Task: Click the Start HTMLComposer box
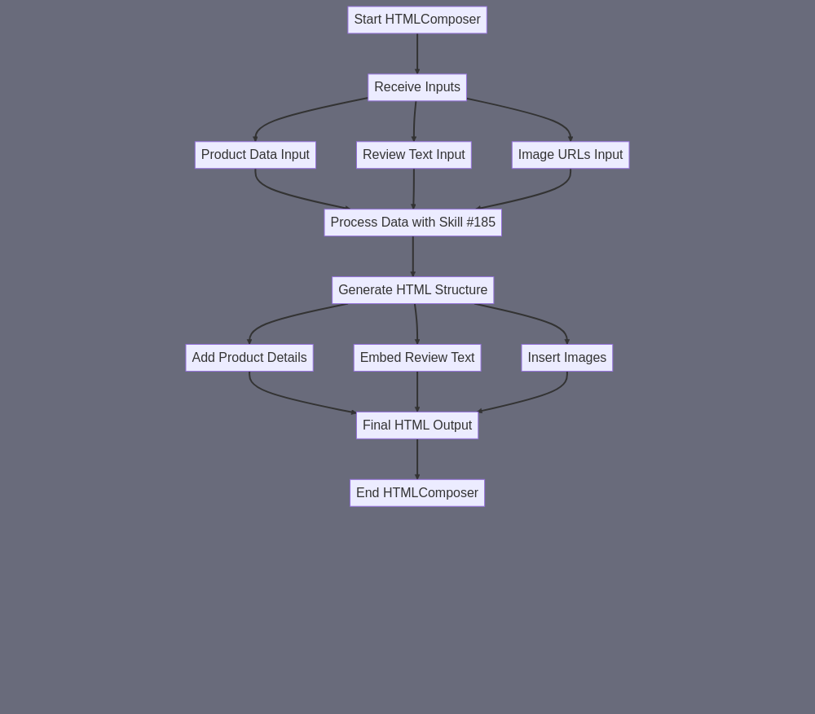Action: (417, 20)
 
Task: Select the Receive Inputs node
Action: (417, 87)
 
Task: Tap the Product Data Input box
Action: (255, 155)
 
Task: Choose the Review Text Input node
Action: (414, 155)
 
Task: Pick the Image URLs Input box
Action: (570, 155)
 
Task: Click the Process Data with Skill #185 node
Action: (412, 223)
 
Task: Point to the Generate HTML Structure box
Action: (412, 290)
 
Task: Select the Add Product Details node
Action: (249, 358)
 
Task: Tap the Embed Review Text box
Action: (417, 358)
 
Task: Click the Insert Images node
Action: (567, 358)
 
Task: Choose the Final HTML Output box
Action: (417, 425)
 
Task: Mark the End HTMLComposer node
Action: (417, 492)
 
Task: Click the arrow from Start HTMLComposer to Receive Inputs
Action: (417, 54)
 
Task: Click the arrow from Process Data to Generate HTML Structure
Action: (413, 257)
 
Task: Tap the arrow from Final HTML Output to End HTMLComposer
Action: (417, 460)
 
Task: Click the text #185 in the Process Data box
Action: (481, 223)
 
